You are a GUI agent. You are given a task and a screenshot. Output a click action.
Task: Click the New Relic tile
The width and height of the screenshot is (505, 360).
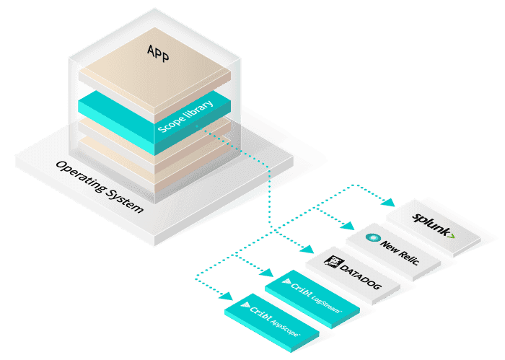(x=391, y=247)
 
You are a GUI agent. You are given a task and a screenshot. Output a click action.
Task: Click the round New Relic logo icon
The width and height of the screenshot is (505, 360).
(x=372, y=237)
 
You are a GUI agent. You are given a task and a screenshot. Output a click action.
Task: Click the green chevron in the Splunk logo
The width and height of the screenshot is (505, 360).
(x=450, y=234)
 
